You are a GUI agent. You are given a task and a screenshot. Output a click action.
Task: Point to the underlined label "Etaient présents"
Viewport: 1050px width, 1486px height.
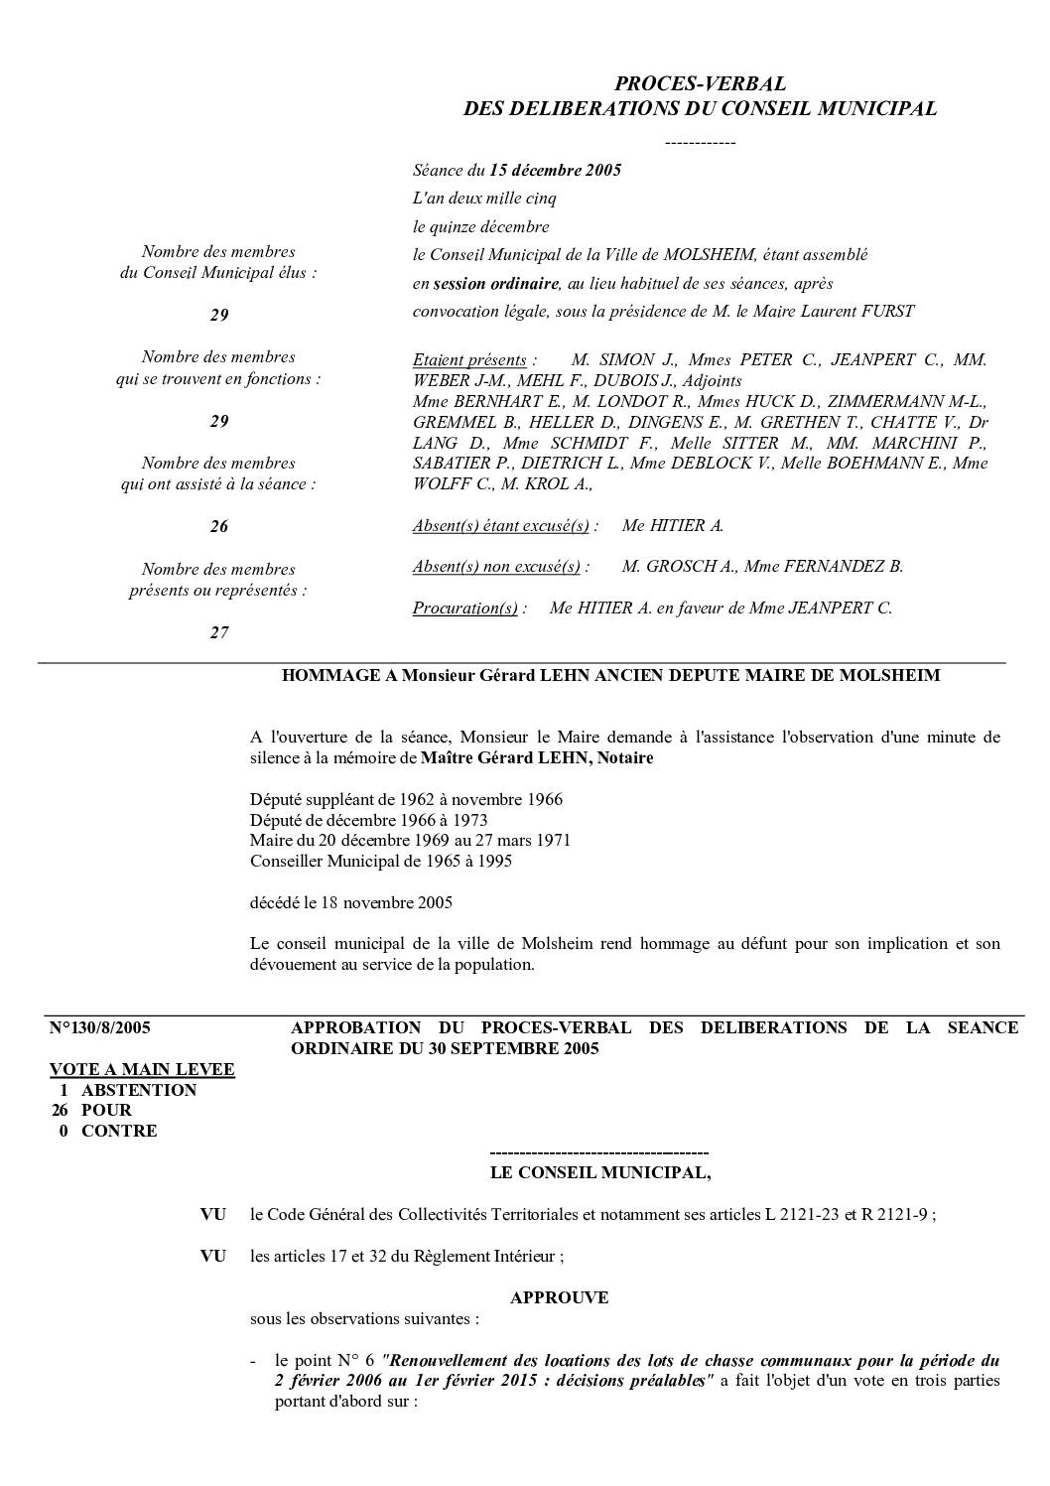pos(469,359)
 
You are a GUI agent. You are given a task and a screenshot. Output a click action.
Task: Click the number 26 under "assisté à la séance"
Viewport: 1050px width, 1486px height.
pos(219,527)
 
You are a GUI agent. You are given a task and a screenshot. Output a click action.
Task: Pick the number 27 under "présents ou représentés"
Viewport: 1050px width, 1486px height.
pos(219,632)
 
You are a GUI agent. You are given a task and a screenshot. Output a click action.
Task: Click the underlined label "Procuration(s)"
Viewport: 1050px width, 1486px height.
pos(464,608)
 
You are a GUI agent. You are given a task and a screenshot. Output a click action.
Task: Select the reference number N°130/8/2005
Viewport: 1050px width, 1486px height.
pos(100,1028)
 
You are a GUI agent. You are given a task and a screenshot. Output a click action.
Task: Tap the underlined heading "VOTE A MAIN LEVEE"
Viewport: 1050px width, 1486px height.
pos(142,1069)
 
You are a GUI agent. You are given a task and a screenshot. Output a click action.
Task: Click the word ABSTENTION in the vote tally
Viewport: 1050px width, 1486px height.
pos(139,1090)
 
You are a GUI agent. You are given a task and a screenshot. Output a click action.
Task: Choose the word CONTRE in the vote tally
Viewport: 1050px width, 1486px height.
pos(119,1131)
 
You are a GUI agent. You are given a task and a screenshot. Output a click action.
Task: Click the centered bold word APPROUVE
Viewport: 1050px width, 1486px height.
pos(559,1297)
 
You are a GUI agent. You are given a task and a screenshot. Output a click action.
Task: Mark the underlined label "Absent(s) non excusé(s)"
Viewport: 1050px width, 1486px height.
pos(496,567)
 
